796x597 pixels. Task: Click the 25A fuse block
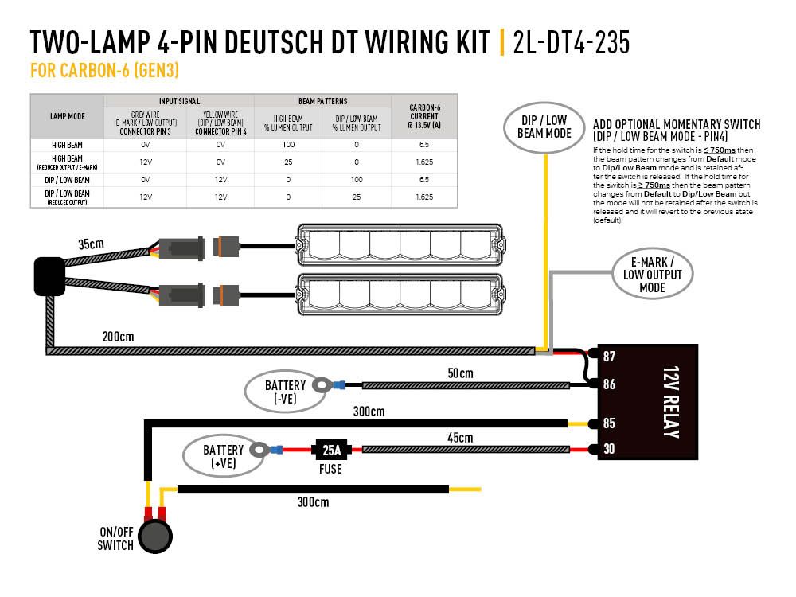coord(330,450)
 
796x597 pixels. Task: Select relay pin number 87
coord(609,357)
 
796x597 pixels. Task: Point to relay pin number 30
coord(609,450)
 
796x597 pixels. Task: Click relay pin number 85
coord(609,423)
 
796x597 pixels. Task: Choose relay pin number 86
coord(609,384)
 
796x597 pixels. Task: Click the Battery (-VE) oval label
coord(284,392)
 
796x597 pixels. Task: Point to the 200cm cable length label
coord(117,337)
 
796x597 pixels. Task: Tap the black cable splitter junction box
coord(49,276)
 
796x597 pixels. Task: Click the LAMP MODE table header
coord(67,116)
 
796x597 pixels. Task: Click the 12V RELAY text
coord(669,403)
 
